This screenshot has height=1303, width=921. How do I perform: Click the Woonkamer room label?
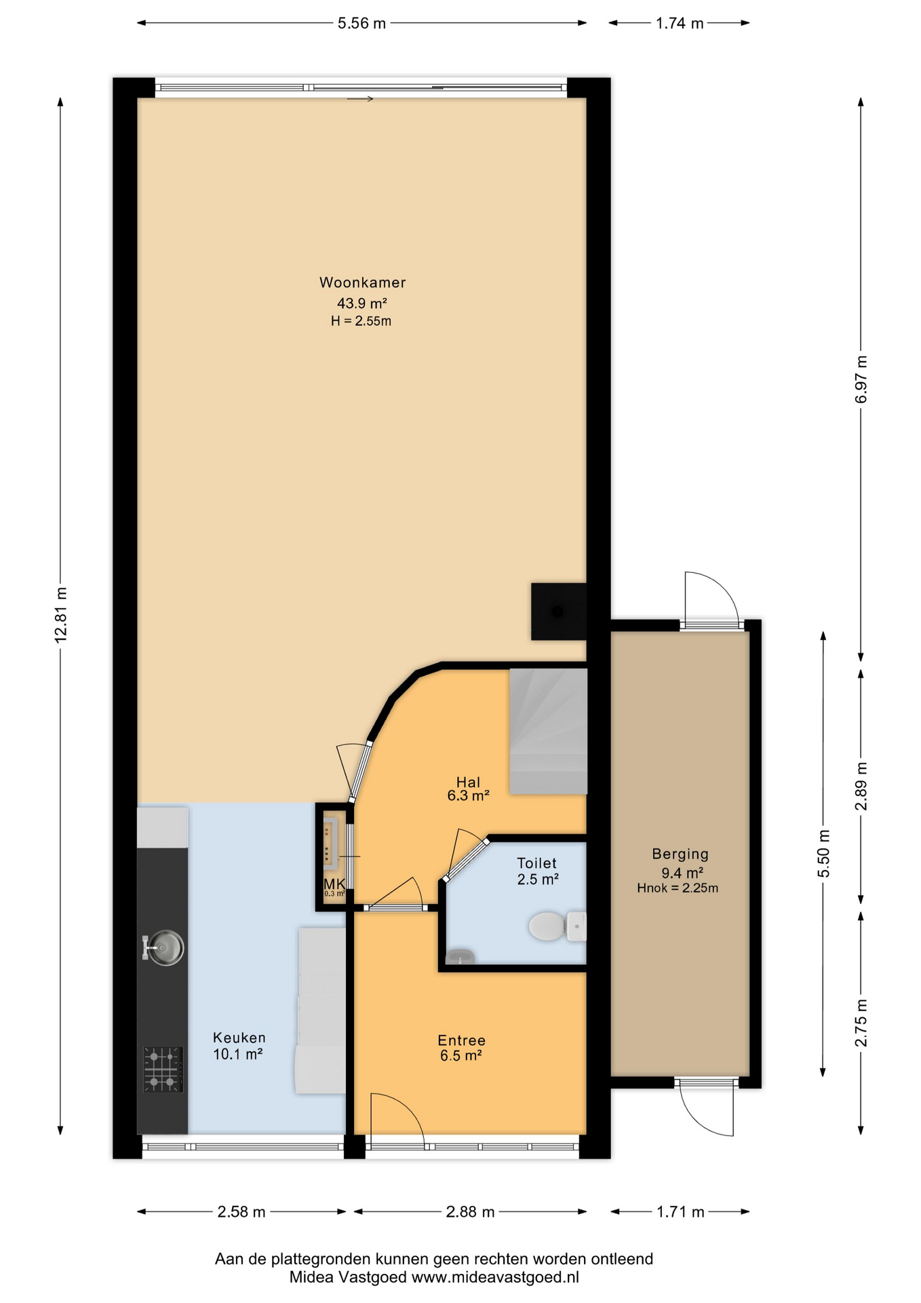[x=362, y=282]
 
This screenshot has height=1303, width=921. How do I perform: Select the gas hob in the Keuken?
[x=163, y=1069]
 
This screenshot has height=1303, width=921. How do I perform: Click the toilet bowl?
[x=557, y=926]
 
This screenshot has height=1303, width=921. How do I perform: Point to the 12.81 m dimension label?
[x=61, y=614]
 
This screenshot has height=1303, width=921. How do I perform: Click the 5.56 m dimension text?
[x=361, y=23]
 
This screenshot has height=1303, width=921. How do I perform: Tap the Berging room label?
[x=680, y=854]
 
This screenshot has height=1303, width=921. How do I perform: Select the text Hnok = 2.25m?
[x=678, y=888]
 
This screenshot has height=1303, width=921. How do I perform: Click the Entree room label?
[x=461, y=1040]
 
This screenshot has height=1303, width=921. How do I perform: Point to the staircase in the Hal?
[x=548, y=732]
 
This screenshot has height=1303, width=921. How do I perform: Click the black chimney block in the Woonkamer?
[x=558, y=611]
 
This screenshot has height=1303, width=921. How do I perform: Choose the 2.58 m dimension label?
[x=241, y=1211]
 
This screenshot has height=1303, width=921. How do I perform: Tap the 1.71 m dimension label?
[x=680, y=1211]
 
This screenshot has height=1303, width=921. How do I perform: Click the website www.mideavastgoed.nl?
[x=495, y=1277]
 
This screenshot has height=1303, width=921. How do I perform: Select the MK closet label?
[x=334, y=884]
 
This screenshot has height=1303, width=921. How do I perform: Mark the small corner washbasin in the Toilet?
[x=460, y=956]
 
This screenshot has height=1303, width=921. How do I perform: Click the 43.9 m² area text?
[x=362, y=303]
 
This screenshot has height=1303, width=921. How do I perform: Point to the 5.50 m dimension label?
[x=823, y=853]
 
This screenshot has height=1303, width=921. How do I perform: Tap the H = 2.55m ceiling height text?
[x=361, y=321]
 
